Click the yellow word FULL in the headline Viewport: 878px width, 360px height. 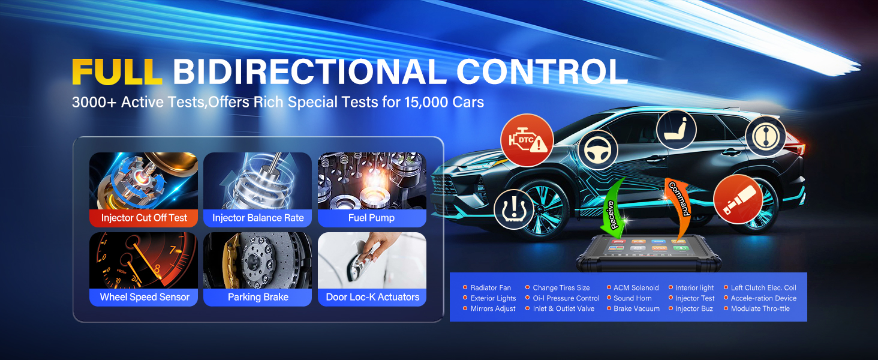[x=117, y=72]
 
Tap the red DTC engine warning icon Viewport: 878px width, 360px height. [x=527, y=140]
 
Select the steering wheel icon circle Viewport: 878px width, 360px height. [x=597, y=150]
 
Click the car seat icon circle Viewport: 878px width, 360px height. [x=676, y=130]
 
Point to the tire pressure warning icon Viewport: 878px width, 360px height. [x=513, y=209]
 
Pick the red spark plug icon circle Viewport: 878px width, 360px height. [x=738, y=199]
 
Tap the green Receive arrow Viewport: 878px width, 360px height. [x=613, y=212]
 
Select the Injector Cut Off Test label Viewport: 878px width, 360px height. [x=144, y=218]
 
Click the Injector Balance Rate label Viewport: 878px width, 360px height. [x=258, y=218]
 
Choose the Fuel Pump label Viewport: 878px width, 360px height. [x=372, y=218]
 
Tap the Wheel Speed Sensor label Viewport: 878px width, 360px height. [x=145, y=297]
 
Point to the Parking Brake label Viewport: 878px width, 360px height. [x=258, y=297]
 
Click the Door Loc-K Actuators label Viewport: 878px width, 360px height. [x=372, y=297]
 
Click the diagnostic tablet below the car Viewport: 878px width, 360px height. [x=649, y=253]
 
